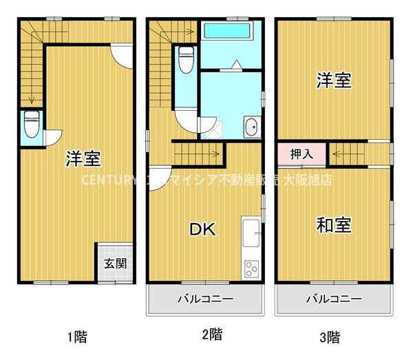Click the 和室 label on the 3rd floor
335,225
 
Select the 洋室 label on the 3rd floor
335,81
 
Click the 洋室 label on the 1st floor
84,158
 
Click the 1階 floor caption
78,337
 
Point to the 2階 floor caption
211,335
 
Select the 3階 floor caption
330,337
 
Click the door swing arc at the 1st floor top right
120,56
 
